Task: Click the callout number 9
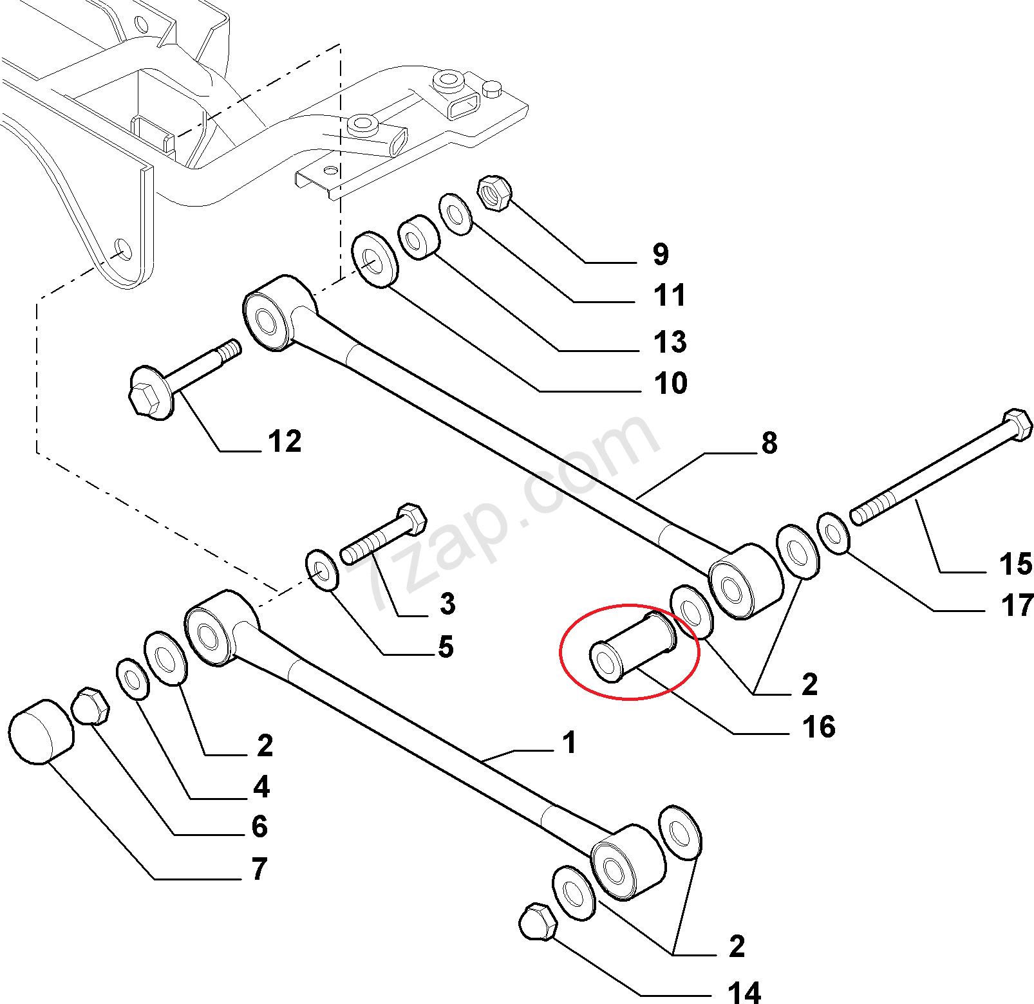click(x=661, y=254)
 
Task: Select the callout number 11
click(x=670, y=295)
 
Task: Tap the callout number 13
click(x=670, y=342)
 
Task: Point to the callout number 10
click(x=671, y=383)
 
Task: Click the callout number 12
click(x=285, y=442)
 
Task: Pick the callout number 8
click(x=769, y=443)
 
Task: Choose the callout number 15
click(x=1016, y=564)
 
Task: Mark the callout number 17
click(x=1017, y=606)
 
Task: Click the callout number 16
click(x=819, y=727)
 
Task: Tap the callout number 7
click(x=259, y=869)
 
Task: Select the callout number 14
click(x=744, y=992)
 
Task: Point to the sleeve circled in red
click(x=634, y=646)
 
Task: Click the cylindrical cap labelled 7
click(x=41, y=732)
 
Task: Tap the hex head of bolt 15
click(x=1017, y=425)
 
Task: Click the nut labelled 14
click(x=538, y=922)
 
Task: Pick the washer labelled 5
click(x=322, y=570)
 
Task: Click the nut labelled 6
click(x=90, y=706)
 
